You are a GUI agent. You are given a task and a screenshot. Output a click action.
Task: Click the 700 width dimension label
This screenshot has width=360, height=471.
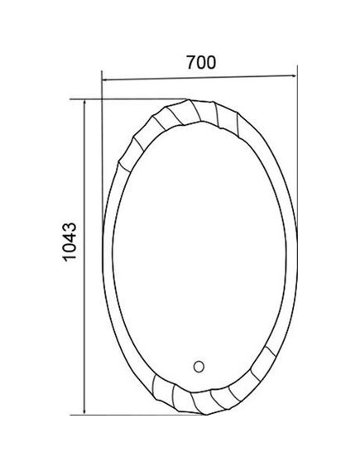(201, 62)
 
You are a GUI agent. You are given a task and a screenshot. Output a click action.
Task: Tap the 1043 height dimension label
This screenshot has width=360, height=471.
(70, 242)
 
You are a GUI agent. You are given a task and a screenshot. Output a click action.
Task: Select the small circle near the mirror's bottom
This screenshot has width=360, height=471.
(199, 367)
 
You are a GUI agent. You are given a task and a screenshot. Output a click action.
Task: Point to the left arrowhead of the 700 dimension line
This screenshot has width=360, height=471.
(106, 80)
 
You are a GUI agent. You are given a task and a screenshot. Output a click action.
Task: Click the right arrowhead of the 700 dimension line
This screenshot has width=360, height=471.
(293, 76)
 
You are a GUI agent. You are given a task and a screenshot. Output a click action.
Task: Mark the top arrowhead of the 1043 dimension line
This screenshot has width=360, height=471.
(85, 104)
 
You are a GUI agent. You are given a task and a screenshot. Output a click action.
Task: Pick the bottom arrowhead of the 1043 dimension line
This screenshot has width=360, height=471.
(84, 411)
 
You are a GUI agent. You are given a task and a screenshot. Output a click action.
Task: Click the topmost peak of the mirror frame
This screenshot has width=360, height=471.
(188, 99)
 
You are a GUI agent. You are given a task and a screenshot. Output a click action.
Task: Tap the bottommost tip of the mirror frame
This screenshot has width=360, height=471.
(207, 415)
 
